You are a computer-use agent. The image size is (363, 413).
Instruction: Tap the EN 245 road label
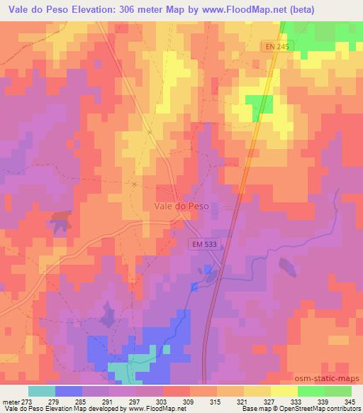(x=269, y=45)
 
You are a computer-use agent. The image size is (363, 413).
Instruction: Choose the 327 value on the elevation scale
(x=268, y=400)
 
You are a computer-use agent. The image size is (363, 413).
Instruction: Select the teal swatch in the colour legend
(x=42, y=391)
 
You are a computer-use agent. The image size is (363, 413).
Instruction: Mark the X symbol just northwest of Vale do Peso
(x=134, y=183)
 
